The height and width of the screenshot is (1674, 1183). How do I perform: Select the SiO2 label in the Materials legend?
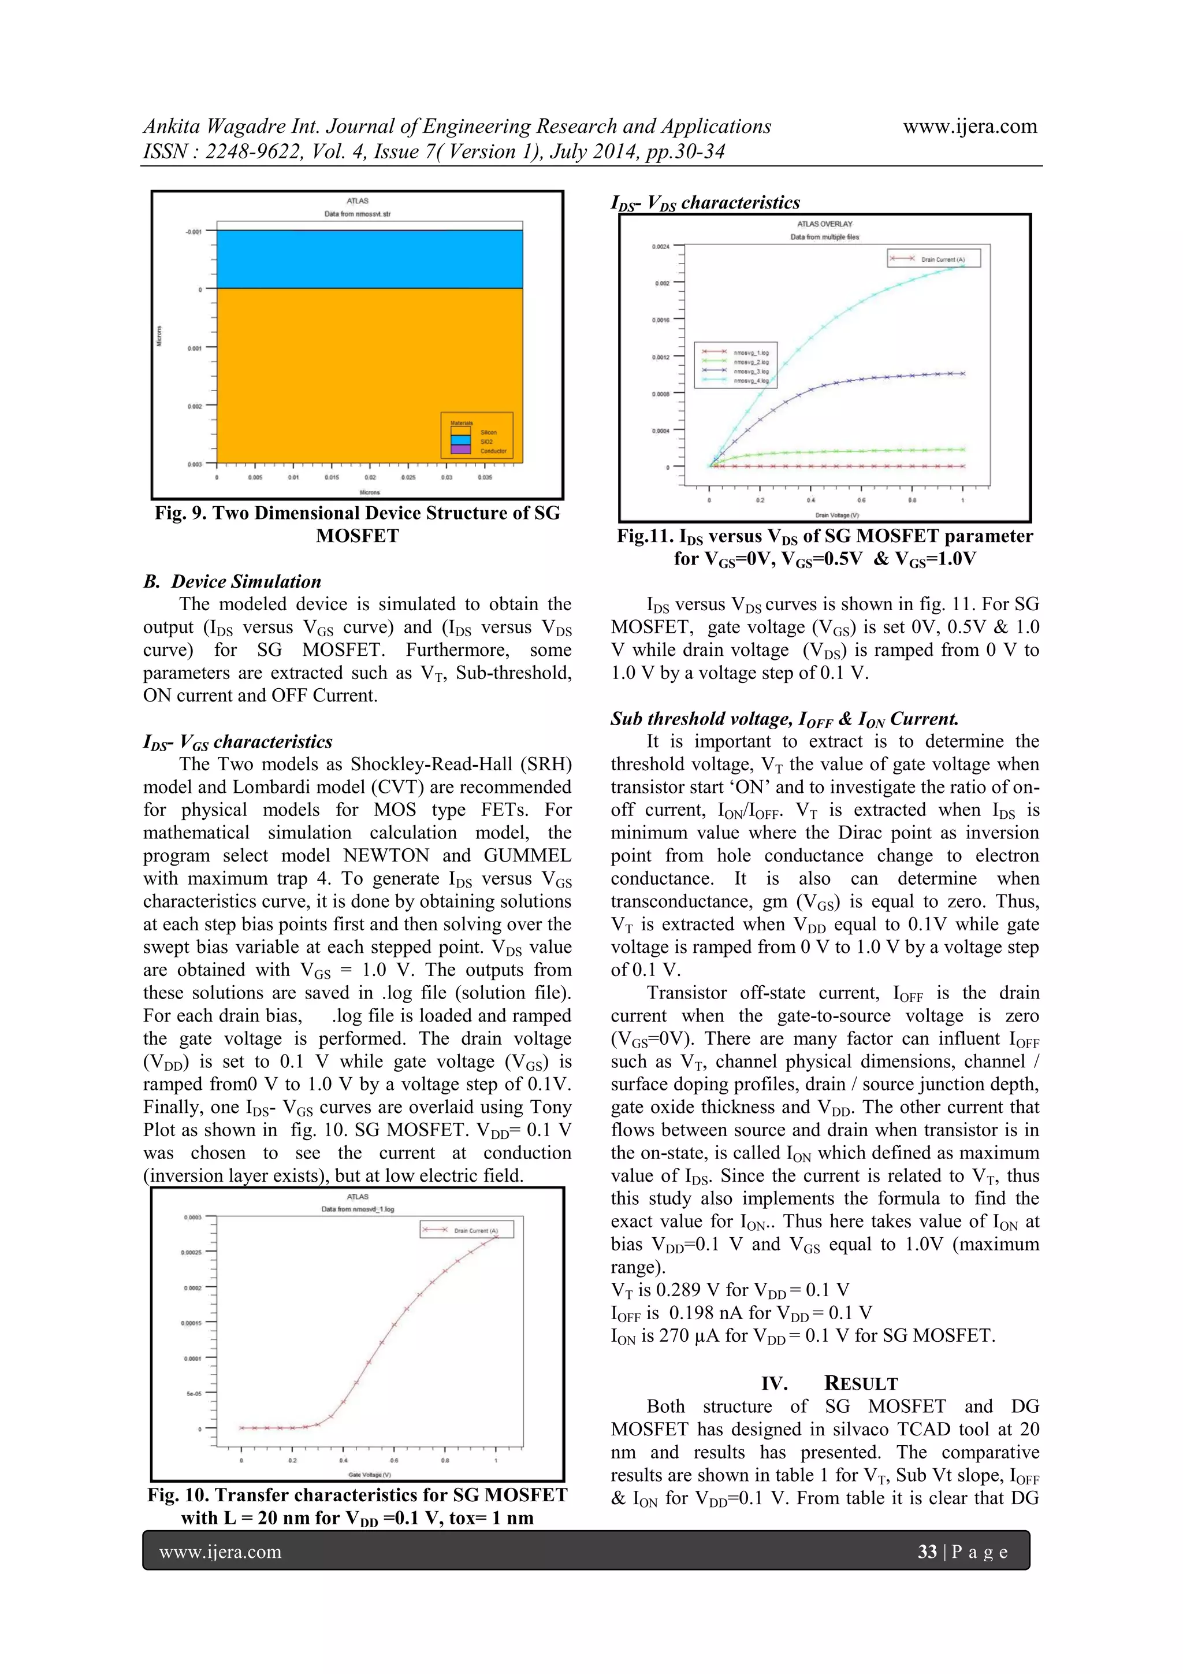click(486, 441)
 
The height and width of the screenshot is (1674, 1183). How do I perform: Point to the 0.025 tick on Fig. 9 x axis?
click(408, 477)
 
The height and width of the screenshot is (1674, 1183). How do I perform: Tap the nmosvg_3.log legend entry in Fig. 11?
click(751, 371)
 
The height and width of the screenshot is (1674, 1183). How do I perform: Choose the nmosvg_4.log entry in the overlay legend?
click(751, 381)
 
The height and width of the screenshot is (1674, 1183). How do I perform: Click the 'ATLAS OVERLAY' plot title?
click(824, 224)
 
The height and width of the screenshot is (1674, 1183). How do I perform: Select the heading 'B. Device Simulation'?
click(232, 581)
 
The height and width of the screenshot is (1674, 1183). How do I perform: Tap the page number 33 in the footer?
click(927, 1551)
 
